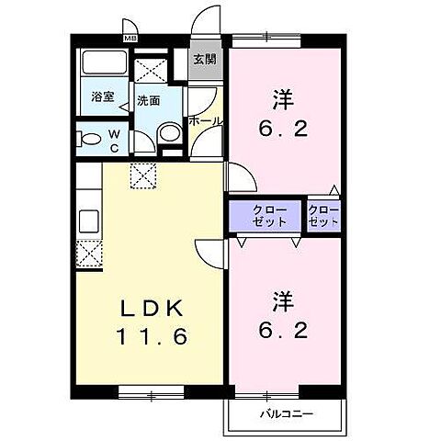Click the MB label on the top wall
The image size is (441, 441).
pos(130,38)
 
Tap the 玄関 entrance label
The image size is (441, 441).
pos(204,61)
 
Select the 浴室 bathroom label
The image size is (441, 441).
pos(101,96)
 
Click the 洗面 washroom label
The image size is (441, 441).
pos(147,101)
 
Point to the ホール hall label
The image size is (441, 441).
pos(204,120)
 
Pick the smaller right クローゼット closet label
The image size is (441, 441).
pos(324,217)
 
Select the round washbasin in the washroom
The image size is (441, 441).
pos(168,135)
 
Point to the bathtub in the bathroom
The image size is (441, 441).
pos(103,65)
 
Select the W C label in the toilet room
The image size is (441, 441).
pos(115,139)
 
